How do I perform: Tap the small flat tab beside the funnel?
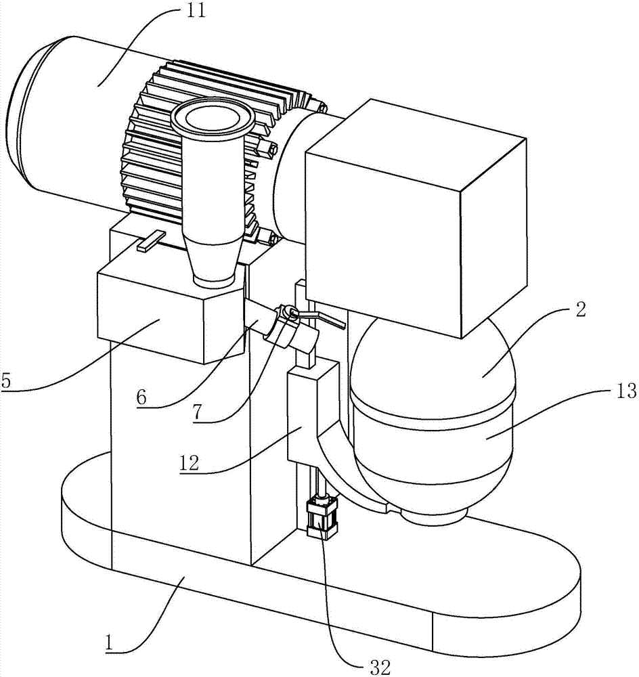pyautogui.click(x=151, y=241)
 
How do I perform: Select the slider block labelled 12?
pyautogui.click(x=311, y=406)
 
